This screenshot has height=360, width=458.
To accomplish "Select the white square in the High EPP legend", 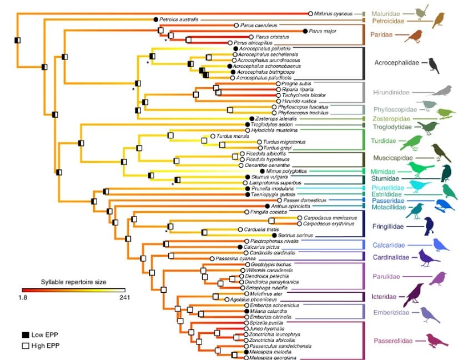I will [26, 345].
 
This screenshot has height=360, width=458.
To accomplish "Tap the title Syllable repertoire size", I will [74, 282].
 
